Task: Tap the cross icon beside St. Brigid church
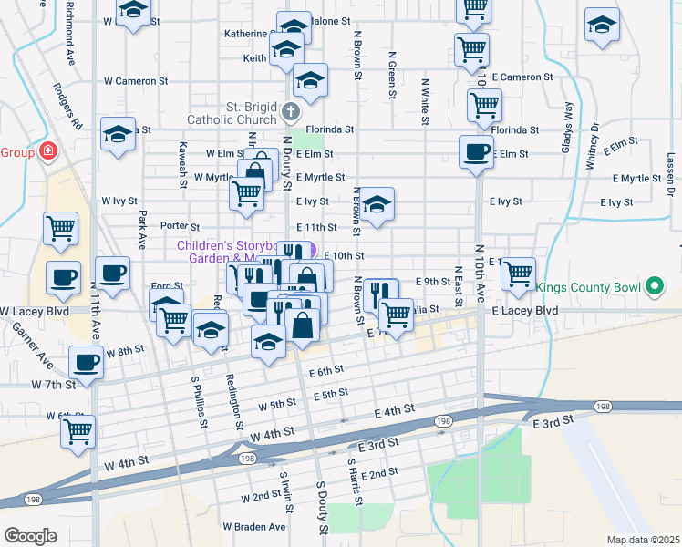[x=291, y=113]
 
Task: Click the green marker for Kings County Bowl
[x=654, y=288]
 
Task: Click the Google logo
[x=30, y=536]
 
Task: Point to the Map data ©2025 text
[x=642, y=540]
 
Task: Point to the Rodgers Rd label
[x=67, y=106]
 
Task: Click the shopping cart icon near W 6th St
[x=78, y=429]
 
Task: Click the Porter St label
[x=180, y=226]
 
